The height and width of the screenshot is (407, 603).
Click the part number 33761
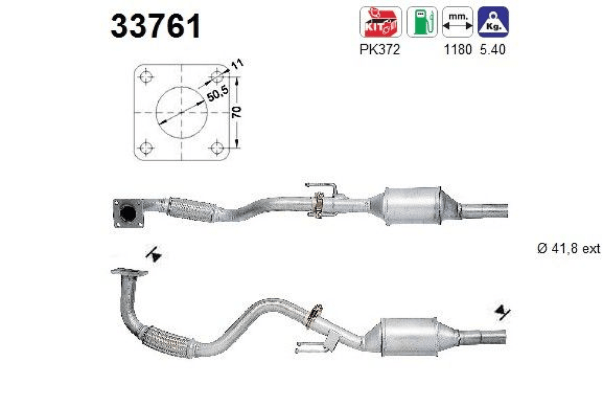point(156,26)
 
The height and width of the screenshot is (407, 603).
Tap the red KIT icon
point(380,22)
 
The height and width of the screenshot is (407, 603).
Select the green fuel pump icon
point(422,22)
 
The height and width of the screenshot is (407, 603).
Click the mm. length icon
point(457,22)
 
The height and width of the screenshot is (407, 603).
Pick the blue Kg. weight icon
point(493,22)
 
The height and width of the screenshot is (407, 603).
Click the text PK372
point(380,50)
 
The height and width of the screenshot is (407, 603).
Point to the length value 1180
point(458,50)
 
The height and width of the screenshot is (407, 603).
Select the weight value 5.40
point(493,50)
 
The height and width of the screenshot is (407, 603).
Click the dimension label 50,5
point(218,94)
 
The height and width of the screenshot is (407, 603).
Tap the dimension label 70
point(237,112)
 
